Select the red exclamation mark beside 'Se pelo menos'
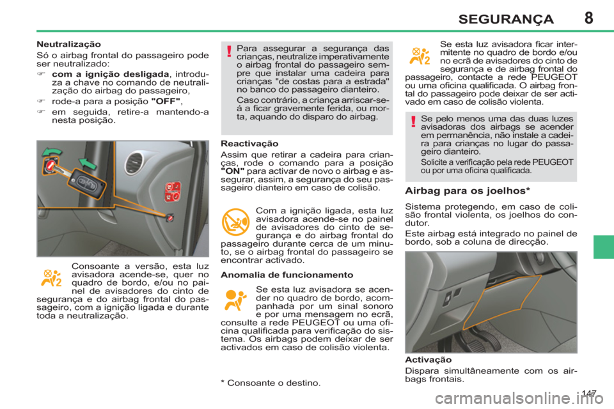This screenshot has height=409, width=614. pos(414,121)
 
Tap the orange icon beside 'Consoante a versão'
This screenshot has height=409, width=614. pos(51,277)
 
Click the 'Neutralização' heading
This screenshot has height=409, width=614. pos(68,45)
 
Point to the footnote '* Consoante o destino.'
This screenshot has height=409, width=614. pos(269,382)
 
